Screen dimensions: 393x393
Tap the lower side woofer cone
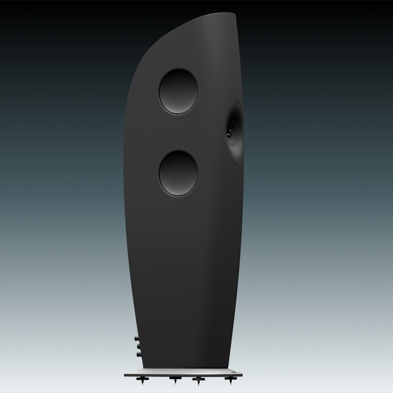click(x=178, y=173)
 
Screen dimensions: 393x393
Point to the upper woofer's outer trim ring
click(x=178, y=66)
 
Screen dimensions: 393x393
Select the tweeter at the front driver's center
click(x=229, y=132)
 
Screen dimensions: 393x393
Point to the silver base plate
click(x=187, y=374)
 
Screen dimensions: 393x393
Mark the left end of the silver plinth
click(x=127, y=374)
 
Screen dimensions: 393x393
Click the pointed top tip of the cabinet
click(x=235, y=14)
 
